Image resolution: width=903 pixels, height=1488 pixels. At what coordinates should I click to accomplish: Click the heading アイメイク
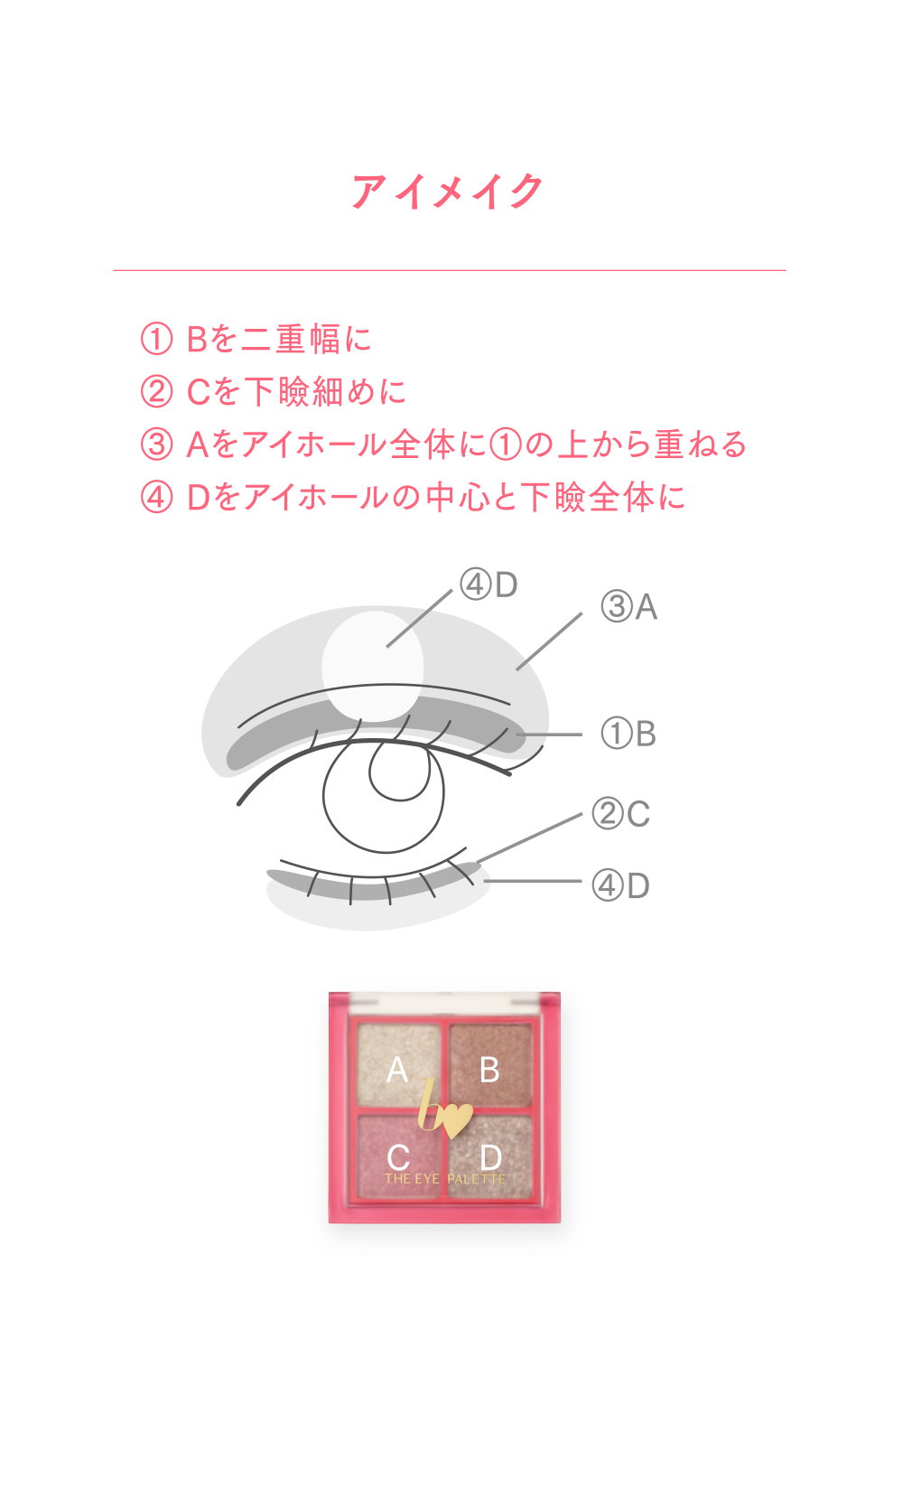point(448,192)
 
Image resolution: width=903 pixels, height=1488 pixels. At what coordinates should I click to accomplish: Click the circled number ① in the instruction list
point(156,339)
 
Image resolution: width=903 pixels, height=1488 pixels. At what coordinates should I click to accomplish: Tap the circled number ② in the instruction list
point(156,391)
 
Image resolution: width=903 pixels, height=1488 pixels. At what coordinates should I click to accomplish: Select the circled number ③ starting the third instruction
point(156,444)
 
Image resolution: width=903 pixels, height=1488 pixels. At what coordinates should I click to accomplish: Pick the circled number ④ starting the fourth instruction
point(156,496)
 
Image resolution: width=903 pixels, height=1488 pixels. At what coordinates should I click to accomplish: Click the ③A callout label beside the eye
point(629,607)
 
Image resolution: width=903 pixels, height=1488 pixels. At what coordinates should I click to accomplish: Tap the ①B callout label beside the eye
point(628,734)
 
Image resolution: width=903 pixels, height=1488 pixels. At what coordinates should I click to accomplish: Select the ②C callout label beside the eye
point(620,814)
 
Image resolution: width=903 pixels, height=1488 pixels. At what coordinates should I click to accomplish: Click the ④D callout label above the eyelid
point(489,585)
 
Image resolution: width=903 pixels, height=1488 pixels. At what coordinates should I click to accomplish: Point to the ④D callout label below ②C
point(620,885)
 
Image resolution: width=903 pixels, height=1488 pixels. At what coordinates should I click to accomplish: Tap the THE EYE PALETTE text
point(445,1179)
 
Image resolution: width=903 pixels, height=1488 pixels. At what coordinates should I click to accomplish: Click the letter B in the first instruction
point(197,339)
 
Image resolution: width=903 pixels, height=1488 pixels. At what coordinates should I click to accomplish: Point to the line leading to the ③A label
point(550,641)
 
